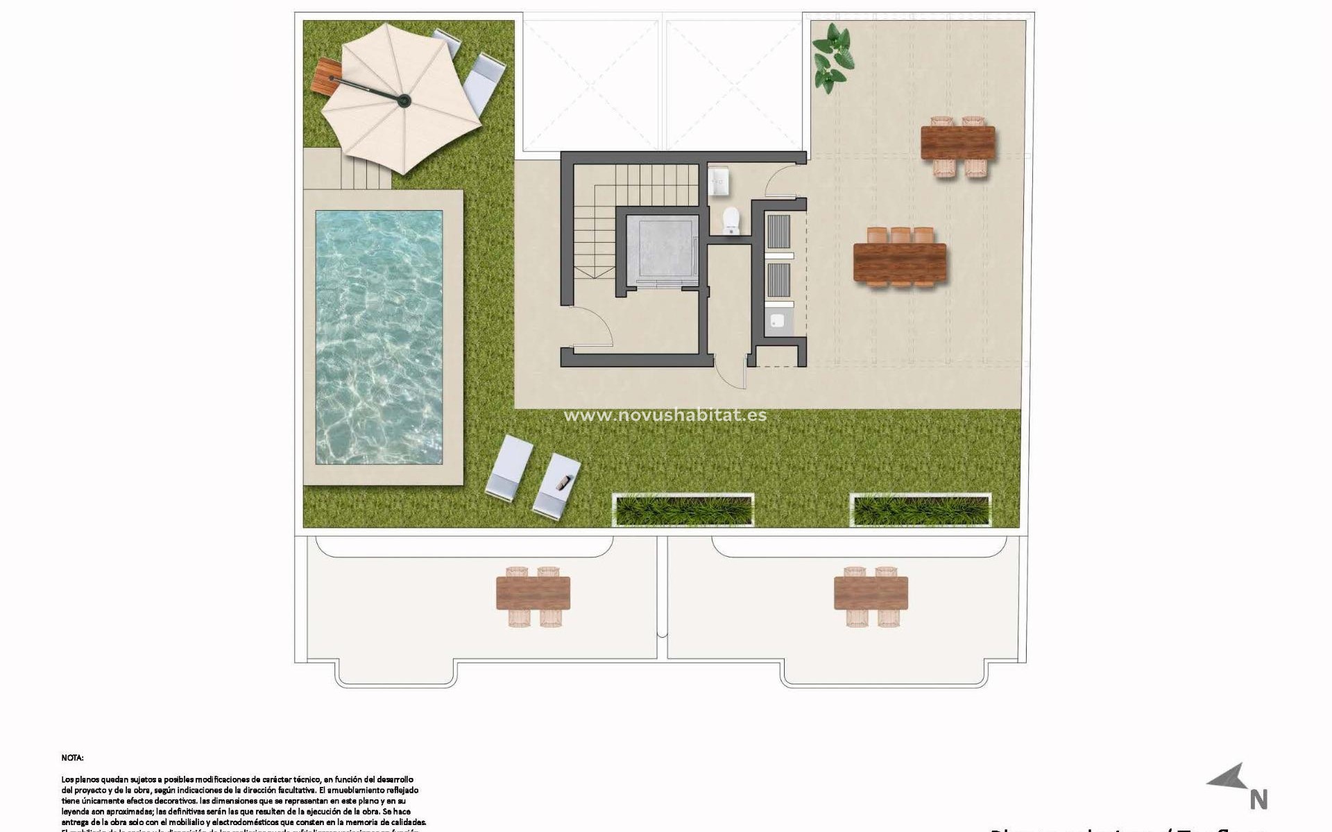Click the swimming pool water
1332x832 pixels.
[379, 337]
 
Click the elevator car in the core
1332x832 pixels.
[661, 250]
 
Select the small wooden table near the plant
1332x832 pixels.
[957, 143]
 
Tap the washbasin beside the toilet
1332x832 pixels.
[718, 182]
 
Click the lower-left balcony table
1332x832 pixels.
[533, 593]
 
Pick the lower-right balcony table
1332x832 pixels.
[871, 593]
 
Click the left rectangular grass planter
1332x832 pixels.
[683, 510]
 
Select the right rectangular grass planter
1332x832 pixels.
[921, 510]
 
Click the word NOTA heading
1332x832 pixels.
[72, 758]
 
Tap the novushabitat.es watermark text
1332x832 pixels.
[665, 415]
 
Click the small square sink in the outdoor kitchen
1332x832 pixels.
[778, 321]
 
